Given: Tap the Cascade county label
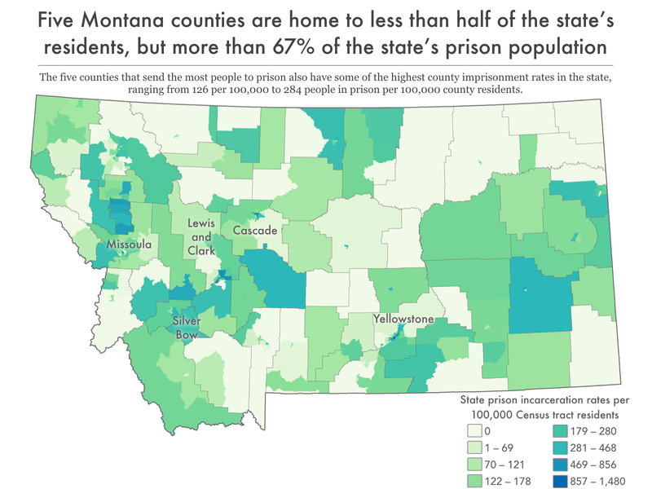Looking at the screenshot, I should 255,231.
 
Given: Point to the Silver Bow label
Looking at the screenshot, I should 187,327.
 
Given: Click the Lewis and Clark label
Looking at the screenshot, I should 201,236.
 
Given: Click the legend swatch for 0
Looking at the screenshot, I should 473,430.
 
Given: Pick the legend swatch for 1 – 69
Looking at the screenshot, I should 473,447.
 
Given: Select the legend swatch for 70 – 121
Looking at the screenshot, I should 473,464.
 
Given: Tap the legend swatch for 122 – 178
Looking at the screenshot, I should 473,481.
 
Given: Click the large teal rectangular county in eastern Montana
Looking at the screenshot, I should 542,295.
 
